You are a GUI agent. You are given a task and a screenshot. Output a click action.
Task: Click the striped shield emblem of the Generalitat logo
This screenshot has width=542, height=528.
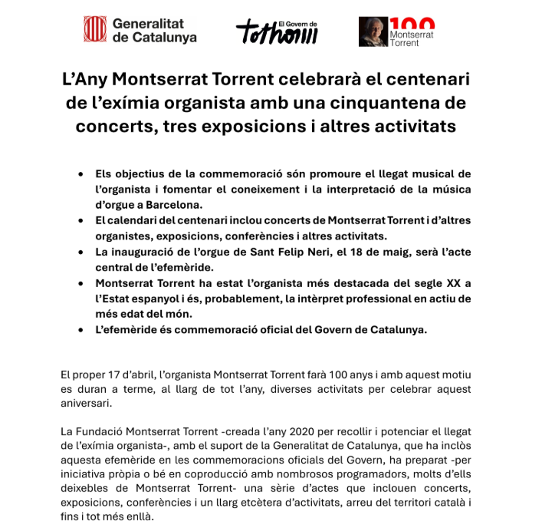pyautogui.click(x=95, y=29)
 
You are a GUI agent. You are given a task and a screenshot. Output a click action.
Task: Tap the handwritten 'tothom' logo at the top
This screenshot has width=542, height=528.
pyautogui.click(x=276, y=32)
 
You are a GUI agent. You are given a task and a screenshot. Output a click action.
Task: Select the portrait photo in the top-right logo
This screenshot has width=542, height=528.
pyautogui.click(x=373, y=31)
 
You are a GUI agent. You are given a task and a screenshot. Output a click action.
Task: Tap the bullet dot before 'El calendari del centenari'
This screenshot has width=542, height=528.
pyautogui.click(x=81, y=221)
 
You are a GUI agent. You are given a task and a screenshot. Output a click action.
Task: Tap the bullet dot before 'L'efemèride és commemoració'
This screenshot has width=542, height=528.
pyautogui.click(x=81, y=329)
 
